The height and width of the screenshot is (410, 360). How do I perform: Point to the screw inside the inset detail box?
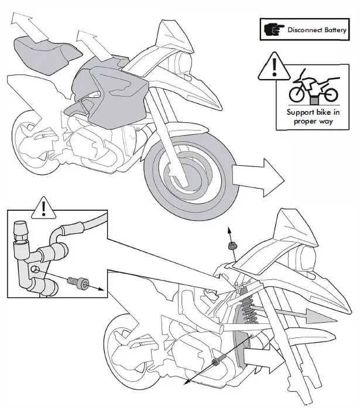(77, 283)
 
